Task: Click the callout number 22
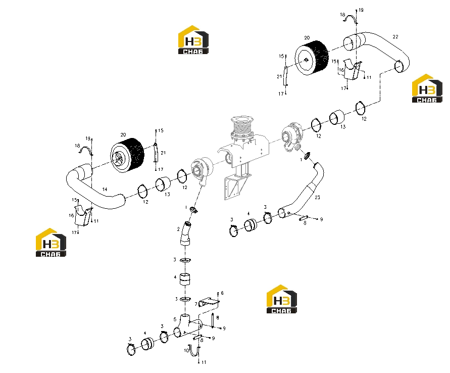point(395,37)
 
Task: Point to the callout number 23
point(317,197)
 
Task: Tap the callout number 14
point(105,189)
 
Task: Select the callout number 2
point(178,229)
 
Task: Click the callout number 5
point(175,319)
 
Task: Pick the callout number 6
point(222,293)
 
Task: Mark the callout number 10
point(186,350)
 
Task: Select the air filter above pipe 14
point(127,155)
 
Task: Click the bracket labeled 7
point(209,302)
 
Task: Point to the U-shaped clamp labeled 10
point(194,351)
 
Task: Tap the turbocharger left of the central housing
point(203,171)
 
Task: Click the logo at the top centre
point(193,40)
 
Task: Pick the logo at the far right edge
point(427,88)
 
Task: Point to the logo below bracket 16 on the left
point(51,243)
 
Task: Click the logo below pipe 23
point(281,299)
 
